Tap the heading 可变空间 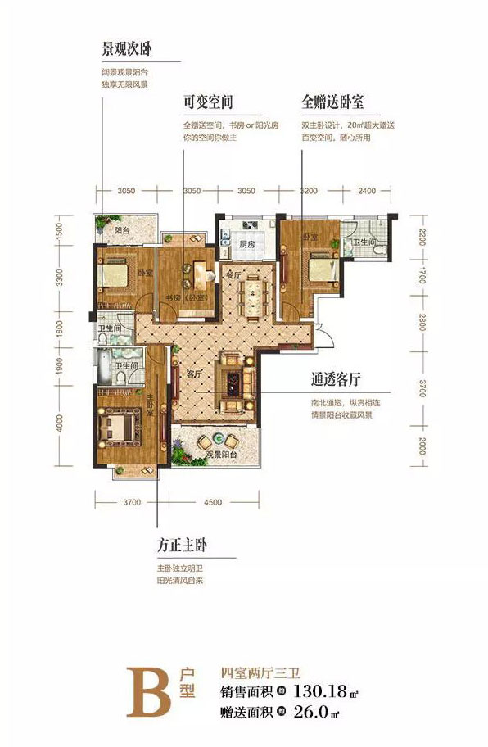coord(209,103)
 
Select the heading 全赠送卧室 coord(332,103)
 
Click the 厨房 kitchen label coord(249,244)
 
